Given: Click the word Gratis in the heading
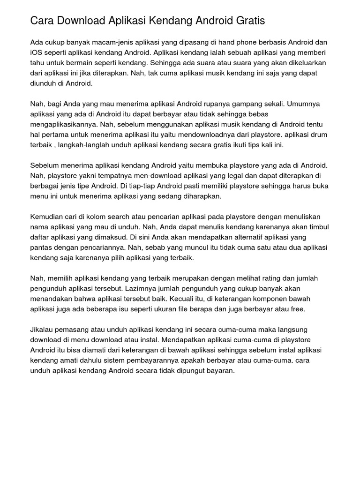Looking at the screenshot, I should click(x=250, y=21).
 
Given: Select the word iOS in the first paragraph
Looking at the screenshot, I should click(x=37, y=52).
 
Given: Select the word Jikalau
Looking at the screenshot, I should click(x=43, y=330).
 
